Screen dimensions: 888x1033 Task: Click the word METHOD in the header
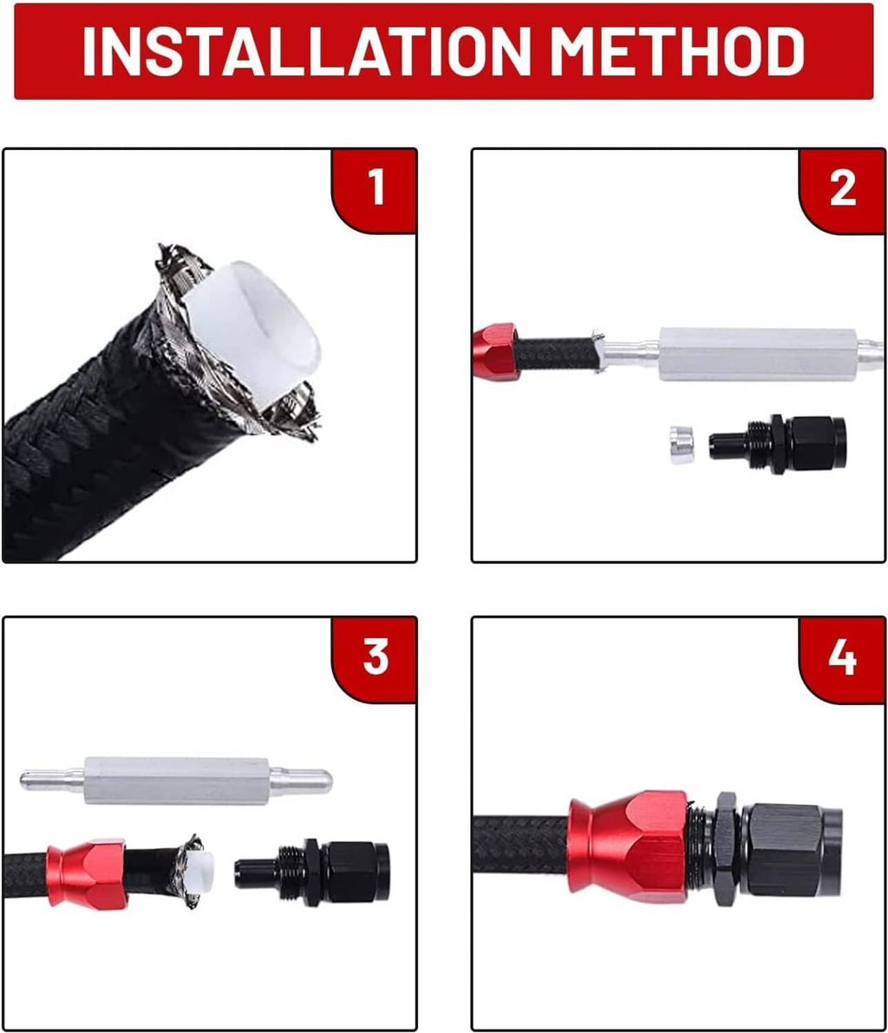click(x=676, y=50)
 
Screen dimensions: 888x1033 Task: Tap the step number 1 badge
click(x=374, y=190)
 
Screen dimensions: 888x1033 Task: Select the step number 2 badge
click(x=843, y=190)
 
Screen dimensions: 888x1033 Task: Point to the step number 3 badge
click(x=374, y=658)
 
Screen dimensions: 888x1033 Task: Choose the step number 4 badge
click(x=843, y=658)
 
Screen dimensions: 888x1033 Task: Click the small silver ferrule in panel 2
click(x=681, y=444)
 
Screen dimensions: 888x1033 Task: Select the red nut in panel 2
click(x=495, y=351)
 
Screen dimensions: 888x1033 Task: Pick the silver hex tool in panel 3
click(x=176, y=781)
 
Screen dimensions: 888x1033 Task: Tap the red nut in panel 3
click(x=86, y=873)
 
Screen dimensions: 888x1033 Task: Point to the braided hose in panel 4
click(x=521, y=848)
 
